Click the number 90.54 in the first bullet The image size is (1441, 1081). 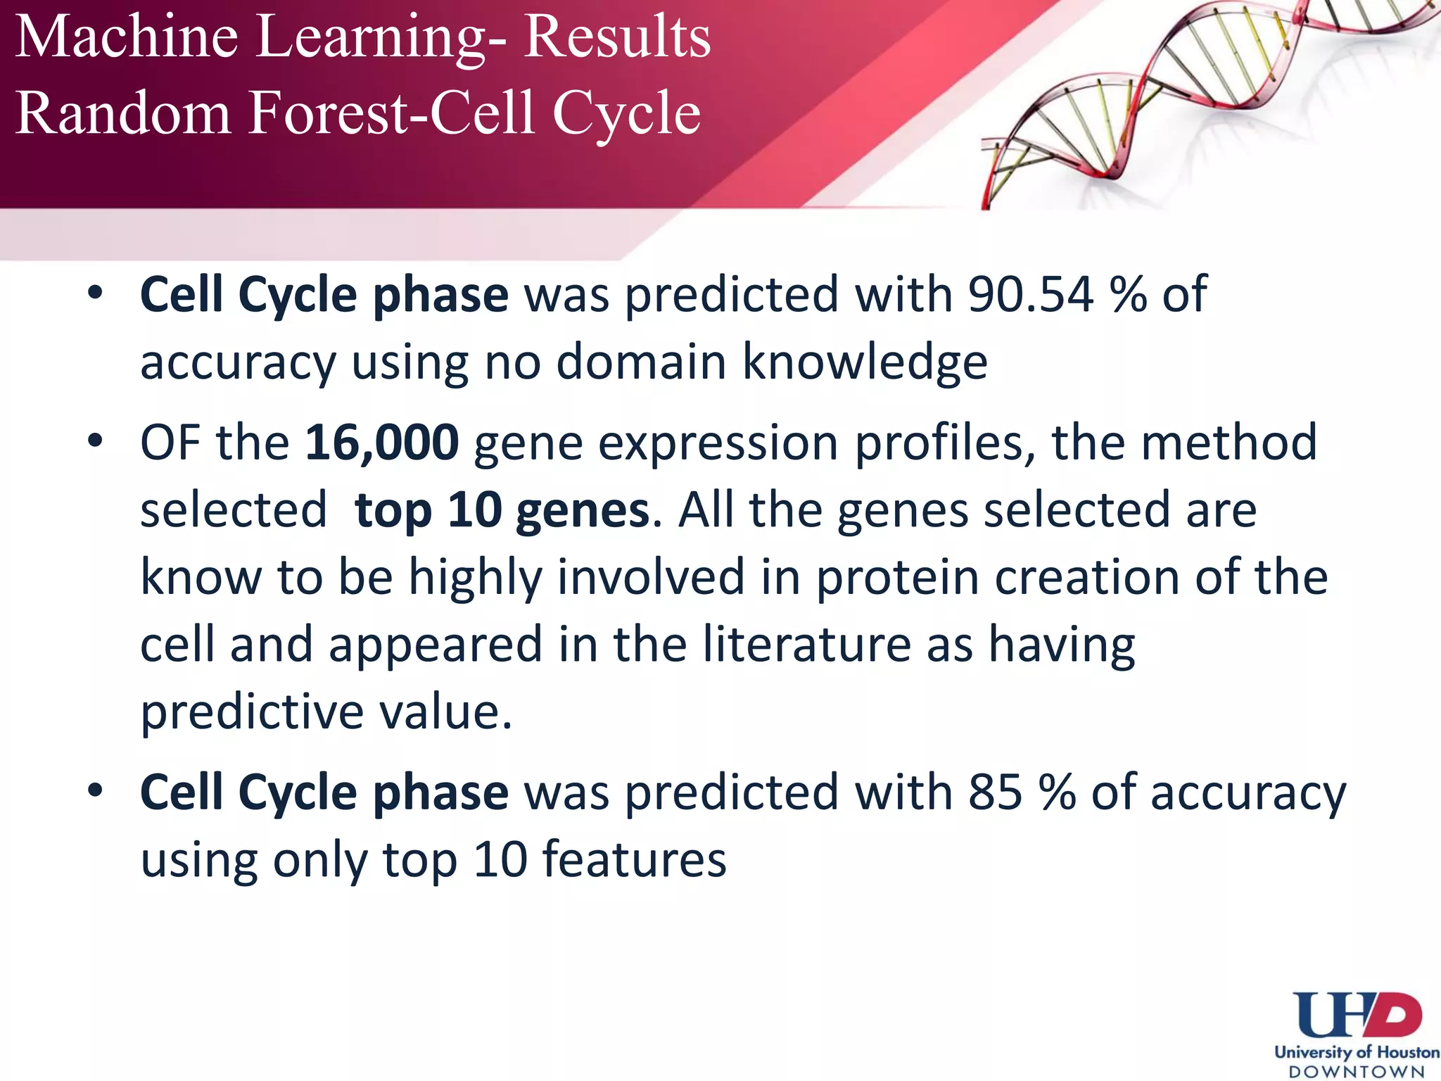coord(1030,294)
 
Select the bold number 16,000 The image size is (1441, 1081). coord(382,443)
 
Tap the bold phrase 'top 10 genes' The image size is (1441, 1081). coord(502,510)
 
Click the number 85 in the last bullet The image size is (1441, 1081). coord(995,792)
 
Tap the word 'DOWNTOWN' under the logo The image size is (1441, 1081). coord(1356,1072)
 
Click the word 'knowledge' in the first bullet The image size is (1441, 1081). coord(865,362)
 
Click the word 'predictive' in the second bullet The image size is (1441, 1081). coord(252,712)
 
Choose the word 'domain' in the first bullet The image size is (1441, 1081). coord(641,362)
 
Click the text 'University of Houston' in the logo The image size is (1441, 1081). coord(1356,1053)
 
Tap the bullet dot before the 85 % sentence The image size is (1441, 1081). coord(96,791)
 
